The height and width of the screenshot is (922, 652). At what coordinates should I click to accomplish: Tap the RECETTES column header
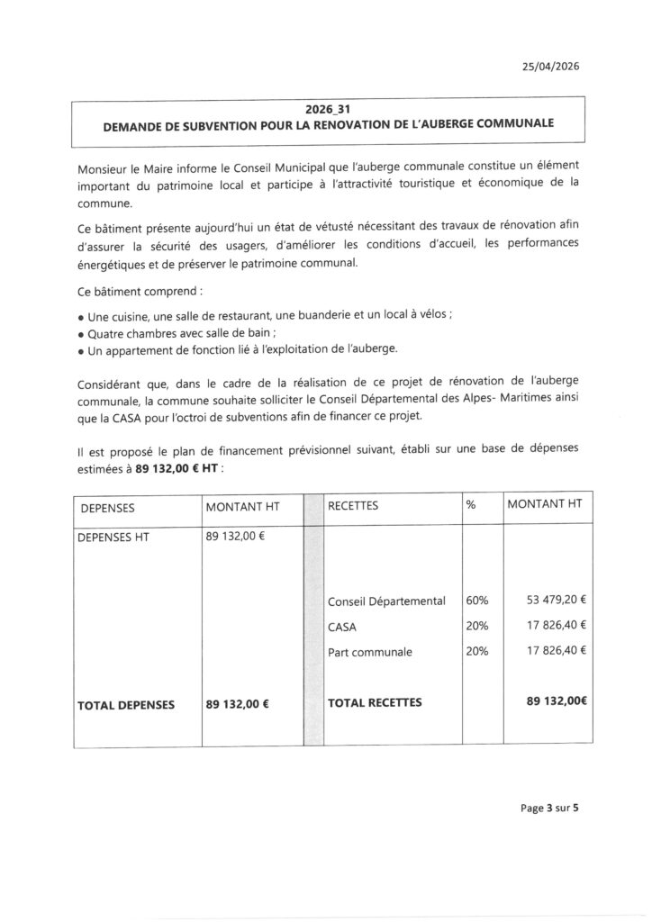354,506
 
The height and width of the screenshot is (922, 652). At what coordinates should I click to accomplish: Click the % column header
470,505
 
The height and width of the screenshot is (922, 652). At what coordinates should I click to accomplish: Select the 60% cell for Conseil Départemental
477,600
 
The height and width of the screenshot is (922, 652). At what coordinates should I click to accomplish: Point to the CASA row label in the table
344,626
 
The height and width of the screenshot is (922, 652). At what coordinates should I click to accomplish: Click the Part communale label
370,652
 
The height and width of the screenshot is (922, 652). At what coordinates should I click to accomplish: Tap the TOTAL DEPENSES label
126,704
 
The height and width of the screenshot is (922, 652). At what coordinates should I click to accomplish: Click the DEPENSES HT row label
115,538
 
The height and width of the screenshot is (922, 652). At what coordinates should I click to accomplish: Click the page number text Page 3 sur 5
549,808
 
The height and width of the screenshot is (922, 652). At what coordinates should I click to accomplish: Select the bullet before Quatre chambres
80,334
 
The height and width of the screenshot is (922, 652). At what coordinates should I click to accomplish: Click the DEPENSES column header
107,507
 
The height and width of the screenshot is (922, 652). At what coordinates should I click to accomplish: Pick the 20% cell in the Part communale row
477,651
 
